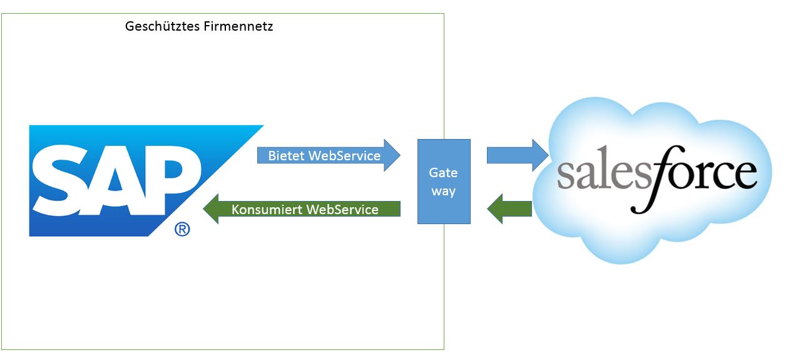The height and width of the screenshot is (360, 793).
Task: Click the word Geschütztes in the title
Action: tap(163, 27)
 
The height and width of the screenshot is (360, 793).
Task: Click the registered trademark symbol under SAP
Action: tap(182, 230)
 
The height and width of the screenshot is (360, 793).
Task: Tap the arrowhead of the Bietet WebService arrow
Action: tap(392, 155)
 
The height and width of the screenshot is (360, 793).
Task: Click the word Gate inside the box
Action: tap(443, 172)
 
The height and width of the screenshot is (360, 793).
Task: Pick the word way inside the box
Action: tap(443, 191)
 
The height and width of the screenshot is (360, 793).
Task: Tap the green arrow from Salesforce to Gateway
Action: tap(509, 208)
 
